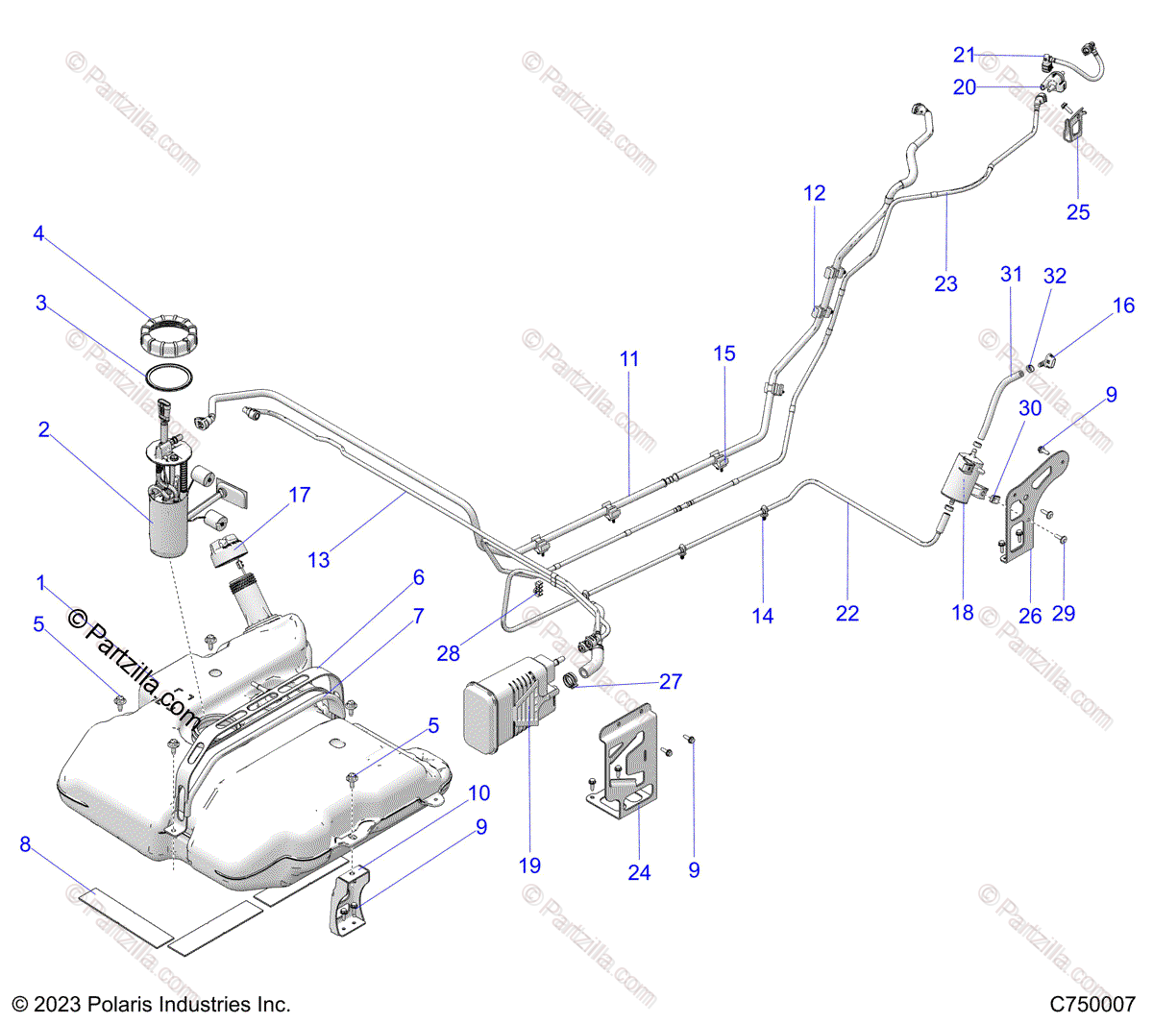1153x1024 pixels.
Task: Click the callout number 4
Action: tap(38, 233)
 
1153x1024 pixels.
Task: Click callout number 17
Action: tap(300, 495)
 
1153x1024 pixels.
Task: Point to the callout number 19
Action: tap(529, 866)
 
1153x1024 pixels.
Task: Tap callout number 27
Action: tap(671, 681)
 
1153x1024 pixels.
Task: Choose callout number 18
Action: tap(962, 612)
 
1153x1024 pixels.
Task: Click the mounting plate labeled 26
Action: tap(1024, 509)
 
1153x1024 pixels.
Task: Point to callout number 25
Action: tap(1078, 211)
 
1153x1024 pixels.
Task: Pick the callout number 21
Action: tap(964, 55)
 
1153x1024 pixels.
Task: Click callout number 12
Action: tap(814, 193)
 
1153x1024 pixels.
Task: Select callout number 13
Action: tap(318, 559)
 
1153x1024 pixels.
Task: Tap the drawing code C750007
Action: tap(1092, 1005)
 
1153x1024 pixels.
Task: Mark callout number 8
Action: tap(25, 845)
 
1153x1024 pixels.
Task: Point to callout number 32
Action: tap(1054, 276)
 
